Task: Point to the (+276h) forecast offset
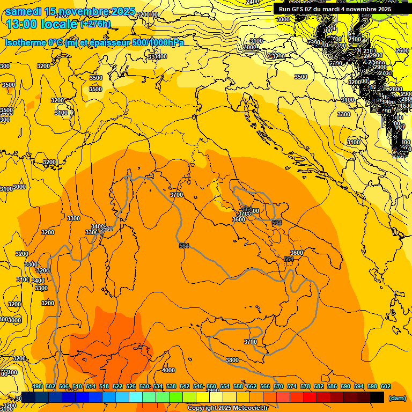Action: pyautogui.click(x=95, y=24)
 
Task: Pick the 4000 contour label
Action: pyautogui.click(x=168, y=370)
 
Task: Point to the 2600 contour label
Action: pyautogui.click(x=402, y=50)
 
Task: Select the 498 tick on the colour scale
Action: pyautogui.click(x=37, y=386)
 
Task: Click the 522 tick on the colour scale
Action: pyautogui.click(x=117, y=386)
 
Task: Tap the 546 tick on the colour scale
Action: pyautogui.click(x=198, y=386)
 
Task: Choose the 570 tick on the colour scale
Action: pyautogui.click(x=278, y=386)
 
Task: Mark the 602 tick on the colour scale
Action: pyautogui.click(x=386, y=386)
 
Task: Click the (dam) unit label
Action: pyautogui.click(x=397, y=398)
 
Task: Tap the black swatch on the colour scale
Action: pyautogui.click(x=377, y=398)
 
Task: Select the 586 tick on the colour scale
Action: pyautogui.click(x=332, y=386)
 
